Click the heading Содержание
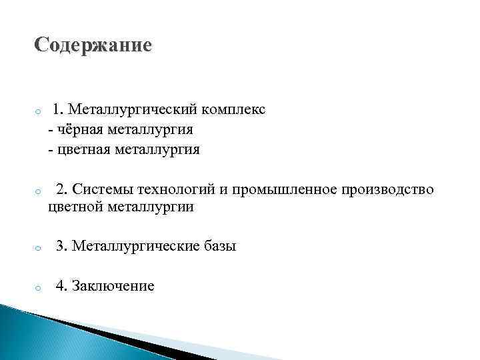[93, 45]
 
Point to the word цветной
[74, 207]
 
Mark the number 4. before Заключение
[61, 286]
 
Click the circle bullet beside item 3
[39, 248]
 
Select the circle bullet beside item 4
[39, 288]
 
